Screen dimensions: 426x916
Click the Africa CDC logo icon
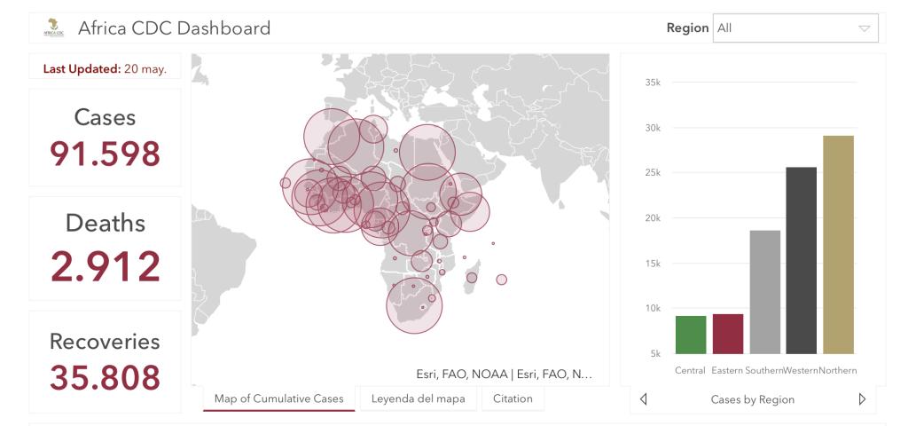pyautogui.click(x=53, y=28)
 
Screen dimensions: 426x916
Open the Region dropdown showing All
pyautogui.click(x=795, y=28)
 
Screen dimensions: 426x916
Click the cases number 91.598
pyautogui.click(x=105, y=154)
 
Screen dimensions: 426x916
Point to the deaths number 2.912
pyautogui.click(x=105, y=266)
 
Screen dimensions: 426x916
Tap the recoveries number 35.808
pyautogui.click(x=105, y=377)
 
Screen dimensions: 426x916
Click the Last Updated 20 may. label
pyautogui.click(x=105, y=69)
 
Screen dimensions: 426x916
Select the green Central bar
pyautogui.click(x=691, y=335)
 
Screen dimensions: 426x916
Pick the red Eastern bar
pyautogui.click(x=728, y=334)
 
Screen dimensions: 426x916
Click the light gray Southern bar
pyautogui.click(x=765, y=292)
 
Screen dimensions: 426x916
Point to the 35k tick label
pyautogui.click(x=654, y=83)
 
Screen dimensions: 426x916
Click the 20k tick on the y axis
pyautogui.click(x=654, y=218)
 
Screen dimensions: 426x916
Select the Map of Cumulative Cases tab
pyautogui.click(x=278, y=398)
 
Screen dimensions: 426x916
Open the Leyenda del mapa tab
pyautogui.click(x=417, y=398)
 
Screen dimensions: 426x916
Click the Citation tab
pyautogui.click(x=513, y=398)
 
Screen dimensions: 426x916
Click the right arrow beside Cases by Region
pyautogui.click(x=862, y=399)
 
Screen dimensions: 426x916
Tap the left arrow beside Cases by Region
pyautogui.click(x=644, y=399)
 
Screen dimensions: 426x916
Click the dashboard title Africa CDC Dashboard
pyautogui.click(x=174, y=28)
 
